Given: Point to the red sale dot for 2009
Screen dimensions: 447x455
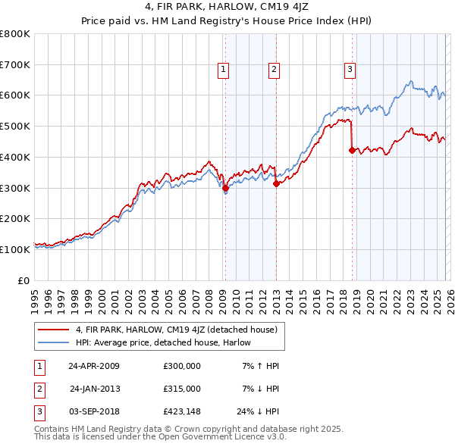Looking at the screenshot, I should [225, 187].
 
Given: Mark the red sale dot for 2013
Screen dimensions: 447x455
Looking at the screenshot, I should [276, 183].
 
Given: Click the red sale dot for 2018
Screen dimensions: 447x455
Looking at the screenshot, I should [352, 150].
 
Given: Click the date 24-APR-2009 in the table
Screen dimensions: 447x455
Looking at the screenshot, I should [94, 366].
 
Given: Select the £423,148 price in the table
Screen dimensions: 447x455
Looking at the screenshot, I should [181, 411].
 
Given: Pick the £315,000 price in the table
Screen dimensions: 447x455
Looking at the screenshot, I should [181, 389].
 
